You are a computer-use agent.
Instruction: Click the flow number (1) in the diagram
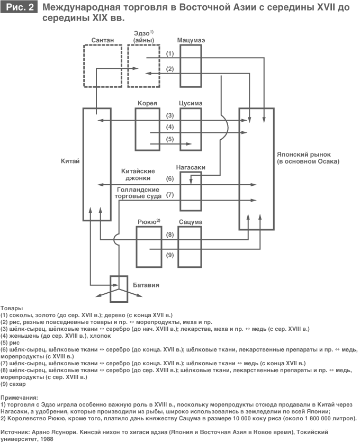(x=169, y=54)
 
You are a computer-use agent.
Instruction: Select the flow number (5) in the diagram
(x=169, y=139)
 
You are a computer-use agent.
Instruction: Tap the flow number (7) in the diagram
(x=169, y=195)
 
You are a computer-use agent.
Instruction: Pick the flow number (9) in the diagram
(x=169, y=255)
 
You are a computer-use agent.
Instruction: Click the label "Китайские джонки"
(x=138, y=174)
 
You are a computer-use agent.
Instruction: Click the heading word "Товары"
(x=12, y=308)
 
